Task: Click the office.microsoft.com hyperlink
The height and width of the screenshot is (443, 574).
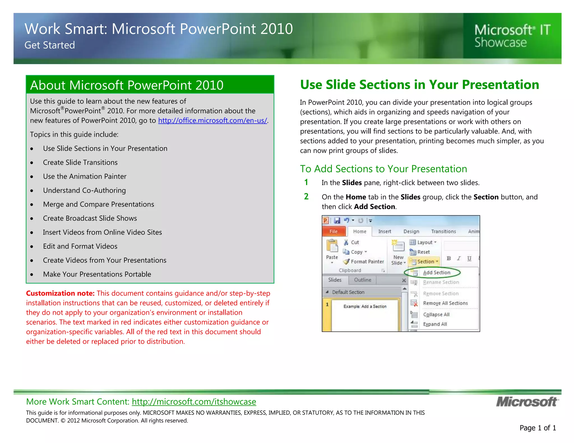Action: click(x=212, y=120)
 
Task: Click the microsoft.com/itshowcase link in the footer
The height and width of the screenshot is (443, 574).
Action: click(x=194, y=402)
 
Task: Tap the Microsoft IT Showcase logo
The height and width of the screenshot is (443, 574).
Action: click(x=512, y=36)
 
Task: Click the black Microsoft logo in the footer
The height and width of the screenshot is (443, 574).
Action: click(x=527, y=402)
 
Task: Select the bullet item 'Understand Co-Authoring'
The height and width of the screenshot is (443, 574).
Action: click(x=84, y=190)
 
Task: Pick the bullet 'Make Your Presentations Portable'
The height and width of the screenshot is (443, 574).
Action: click(x=97, y=274)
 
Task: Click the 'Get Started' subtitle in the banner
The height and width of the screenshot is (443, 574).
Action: click(x=50, y=45)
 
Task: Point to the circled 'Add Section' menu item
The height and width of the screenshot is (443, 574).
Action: click(x=436, y=272)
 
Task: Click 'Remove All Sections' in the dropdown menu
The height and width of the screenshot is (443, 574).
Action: click(x=445, y=303)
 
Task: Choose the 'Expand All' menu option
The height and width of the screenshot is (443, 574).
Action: click(x=435, y=324)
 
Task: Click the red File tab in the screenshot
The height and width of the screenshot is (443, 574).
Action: click(x=334, y=231)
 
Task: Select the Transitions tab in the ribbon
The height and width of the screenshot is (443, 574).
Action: click(x=443, y=231)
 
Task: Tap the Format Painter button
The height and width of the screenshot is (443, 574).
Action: click(x=364, y=262)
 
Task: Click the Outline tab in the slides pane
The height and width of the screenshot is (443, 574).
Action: click(x=362, y=280)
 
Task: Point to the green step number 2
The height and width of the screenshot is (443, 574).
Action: click(x=306, y=197)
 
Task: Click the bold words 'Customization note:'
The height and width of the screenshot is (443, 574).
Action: click(x=60, y=293)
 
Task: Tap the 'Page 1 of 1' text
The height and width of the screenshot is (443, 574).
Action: click(x=538, y=428)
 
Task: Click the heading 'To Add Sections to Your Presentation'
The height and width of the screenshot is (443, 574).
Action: click(x=383, y=169)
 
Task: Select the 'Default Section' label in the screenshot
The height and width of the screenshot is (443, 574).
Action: click(x=348, y=292)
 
